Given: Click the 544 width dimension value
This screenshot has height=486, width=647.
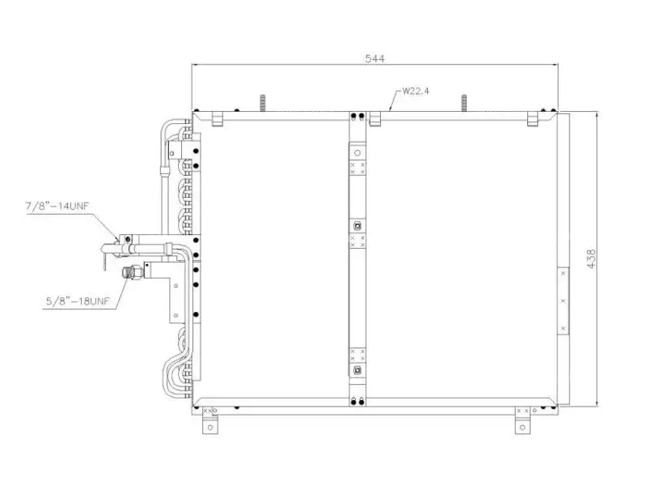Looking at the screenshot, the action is tap(374, 58).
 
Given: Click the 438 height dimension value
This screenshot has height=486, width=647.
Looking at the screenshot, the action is tap(591, 259).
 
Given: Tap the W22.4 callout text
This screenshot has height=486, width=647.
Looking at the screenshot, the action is tap(416, 91).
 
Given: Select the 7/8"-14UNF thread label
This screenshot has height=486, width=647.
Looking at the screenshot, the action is tap(57, 206).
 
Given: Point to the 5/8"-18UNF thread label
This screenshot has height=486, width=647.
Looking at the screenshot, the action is tap(78, 301).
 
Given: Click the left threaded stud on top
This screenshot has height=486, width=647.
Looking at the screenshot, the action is tap(262, 103).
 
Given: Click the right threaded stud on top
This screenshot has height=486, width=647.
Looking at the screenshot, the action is tap(463, 103).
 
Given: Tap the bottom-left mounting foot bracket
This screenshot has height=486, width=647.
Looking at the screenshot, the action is tap(210, 424).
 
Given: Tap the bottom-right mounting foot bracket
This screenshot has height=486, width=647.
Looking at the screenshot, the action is tap(522, 424).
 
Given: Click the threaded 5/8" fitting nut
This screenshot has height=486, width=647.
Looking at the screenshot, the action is tap(133, 273).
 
